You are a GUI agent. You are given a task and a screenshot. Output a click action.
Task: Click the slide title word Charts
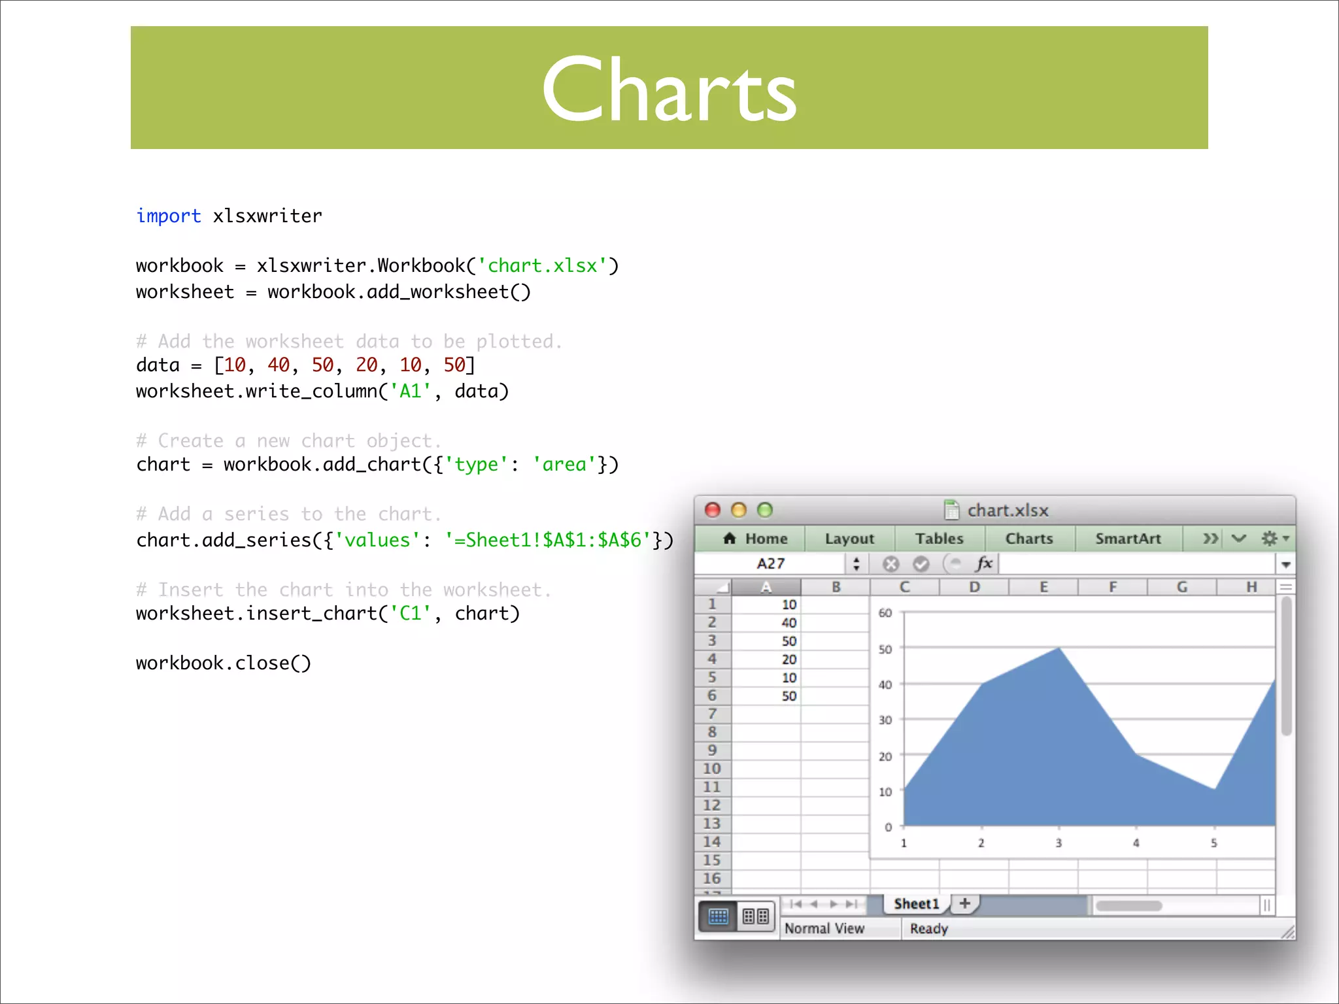tap(669, 90)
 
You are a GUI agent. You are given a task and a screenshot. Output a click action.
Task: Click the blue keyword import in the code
tap(168, 216)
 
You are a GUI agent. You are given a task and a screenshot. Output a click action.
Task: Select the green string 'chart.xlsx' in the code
tap(543, 266)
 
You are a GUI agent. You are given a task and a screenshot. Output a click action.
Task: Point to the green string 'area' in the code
tap(564, 465)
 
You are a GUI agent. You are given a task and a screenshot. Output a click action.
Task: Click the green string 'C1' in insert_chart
tap(411, 614)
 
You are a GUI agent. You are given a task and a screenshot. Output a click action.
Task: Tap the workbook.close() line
tap(223, 663)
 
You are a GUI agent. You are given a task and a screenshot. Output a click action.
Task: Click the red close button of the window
tap(713, 510)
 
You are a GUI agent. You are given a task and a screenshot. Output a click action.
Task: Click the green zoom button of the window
tap(764, 510)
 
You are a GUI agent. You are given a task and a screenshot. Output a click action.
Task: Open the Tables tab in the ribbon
tap(939, 539)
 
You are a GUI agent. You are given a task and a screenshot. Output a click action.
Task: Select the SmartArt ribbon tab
tap(1128, 539)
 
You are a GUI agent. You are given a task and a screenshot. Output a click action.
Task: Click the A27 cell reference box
tap(771, 563)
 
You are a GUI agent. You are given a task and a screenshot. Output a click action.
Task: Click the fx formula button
tap(983, 563)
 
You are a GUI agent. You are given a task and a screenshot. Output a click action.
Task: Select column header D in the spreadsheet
tap(974, 587)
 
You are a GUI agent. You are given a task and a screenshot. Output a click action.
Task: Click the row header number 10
tap(712, 769)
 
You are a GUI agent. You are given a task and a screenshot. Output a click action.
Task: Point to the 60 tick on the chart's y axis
tap(885, 613)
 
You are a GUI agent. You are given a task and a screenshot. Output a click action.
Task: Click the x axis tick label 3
tap(1059, 843)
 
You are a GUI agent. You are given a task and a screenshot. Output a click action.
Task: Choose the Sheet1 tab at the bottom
tap(916, 904)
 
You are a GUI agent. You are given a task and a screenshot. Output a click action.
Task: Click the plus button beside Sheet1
tap(965, 903)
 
